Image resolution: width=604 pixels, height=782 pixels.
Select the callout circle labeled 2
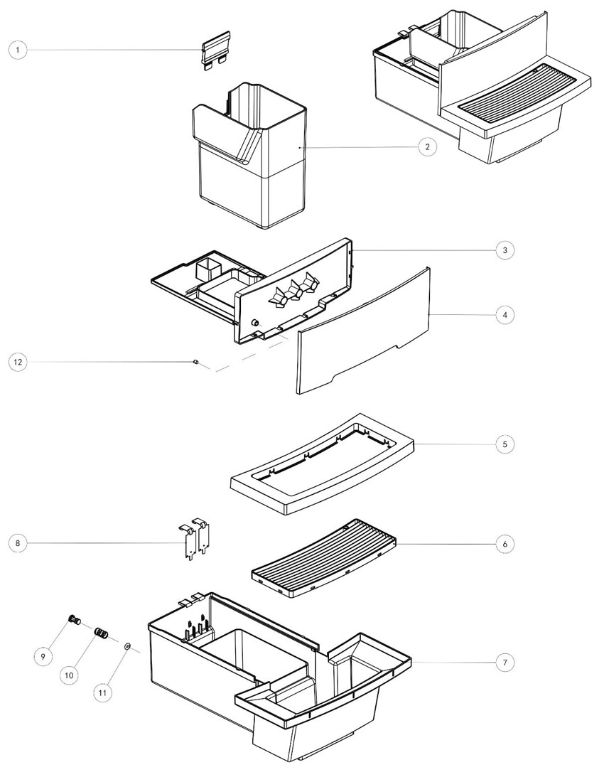426,147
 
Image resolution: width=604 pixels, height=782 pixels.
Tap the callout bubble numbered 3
505,250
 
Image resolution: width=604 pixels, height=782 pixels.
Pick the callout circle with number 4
505,314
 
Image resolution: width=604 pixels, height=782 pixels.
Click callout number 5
505,444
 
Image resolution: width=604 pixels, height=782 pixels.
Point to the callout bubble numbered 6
505,543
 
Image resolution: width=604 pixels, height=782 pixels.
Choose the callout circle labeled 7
505,662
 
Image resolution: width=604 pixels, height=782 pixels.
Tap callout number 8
18,544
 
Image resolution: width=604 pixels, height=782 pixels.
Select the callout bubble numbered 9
43,656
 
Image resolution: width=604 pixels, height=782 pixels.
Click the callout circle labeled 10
70,675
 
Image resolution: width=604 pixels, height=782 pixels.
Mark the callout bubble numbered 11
104,691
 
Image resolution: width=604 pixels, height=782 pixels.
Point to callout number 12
18,362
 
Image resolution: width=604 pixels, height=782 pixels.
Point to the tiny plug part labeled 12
194,363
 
